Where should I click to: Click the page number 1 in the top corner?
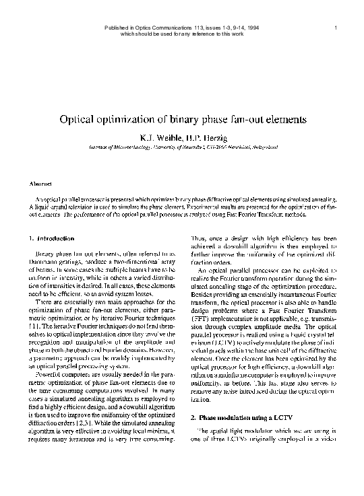coord(335,27)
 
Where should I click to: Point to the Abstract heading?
coord(41,183)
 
